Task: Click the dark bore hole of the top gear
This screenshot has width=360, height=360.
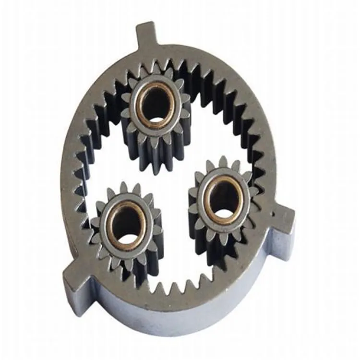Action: click(x=156, y=103)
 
